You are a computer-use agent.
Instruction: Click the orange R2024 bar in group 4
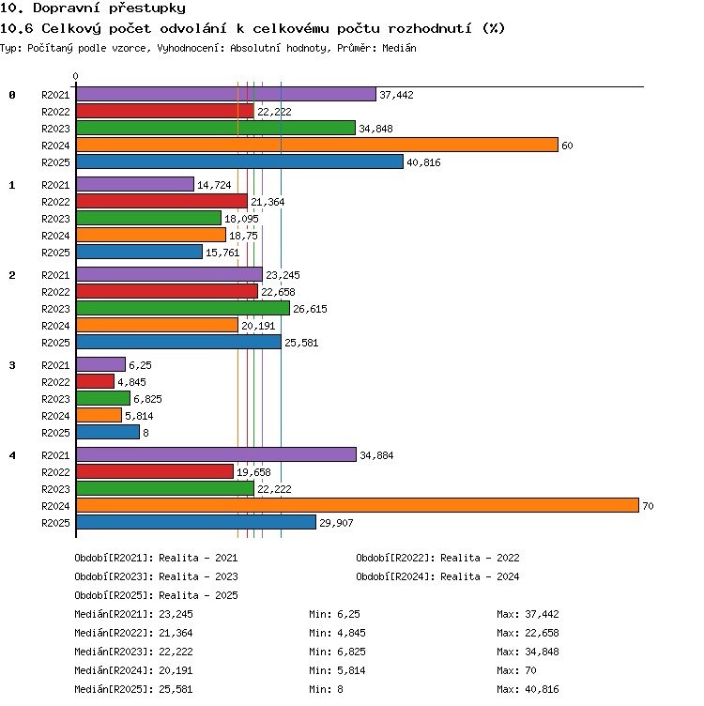click(358, 505)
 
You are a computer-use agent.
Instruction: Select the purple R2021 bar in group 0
click(226, 94)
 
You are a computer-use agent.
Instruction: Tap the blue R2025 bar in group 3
click(108, 432)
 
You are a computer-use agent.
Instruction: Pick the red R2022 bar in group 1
click(162, 201)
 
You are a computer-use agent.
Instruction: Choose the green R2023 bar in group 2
click(183, 308)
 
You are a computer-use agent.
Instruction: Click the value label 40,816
click(423, 162)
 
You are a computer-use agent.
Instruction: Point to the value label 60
click(567, 146)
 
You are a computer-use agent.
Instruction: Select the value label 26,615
click(310, 309)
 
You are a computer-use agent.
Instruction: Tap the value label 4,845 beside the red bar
click(132, 382)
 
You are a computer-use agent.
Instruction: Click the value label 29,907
click(336, 523)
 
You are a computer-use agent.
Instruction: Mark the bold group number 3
click(12, 365)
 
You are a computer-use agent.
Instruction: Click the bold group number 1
click(12, 185)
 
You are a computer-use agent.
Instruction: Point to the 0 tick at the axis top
click(76, 76)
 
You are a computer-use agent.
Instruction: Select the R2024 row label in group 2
click(55, 326)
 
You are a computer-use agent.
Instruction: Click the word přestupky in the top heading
click(147, 8)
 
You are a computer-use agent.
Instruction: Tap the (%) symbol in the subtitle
click(494, 28)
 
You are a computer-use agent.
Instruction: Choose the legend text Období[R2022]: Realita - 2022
click(437, 558)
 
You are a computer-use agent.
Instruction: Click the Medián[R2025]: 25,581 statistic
click(133, 689)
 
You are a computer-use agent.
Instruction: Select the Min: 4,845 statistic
click(337, 633)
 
